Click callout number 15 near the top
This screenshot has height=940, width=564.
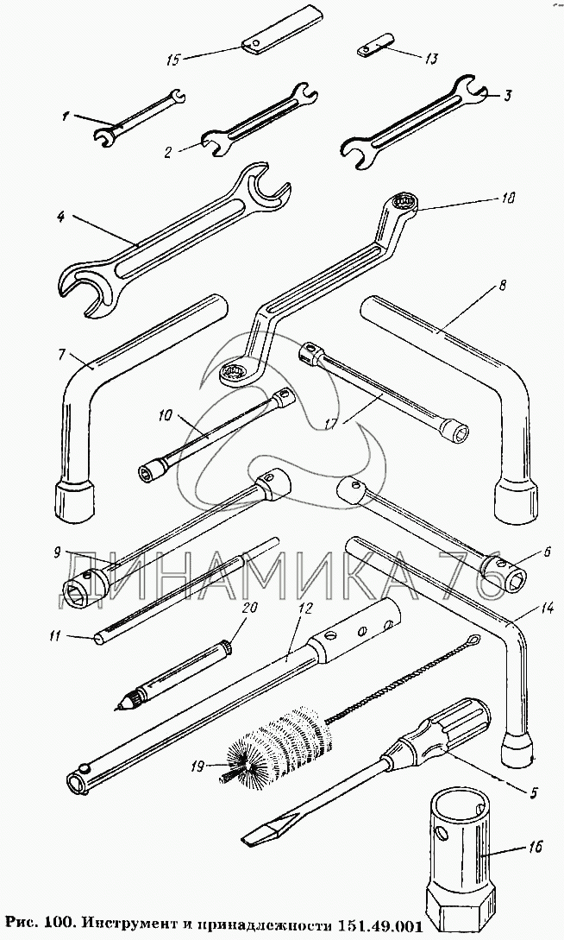tap(173, 60)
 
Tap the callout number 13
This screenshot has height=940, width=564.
tap(431, 59)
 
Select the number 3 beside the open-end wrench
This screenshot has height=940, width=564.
tap(506, 96)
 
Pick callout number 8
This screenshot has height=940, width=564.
tap(502, 286)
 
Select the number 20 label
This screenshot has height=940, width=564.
tap(249, 608)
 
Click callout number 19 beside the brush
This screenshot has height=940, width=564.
tap(197, 766)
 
